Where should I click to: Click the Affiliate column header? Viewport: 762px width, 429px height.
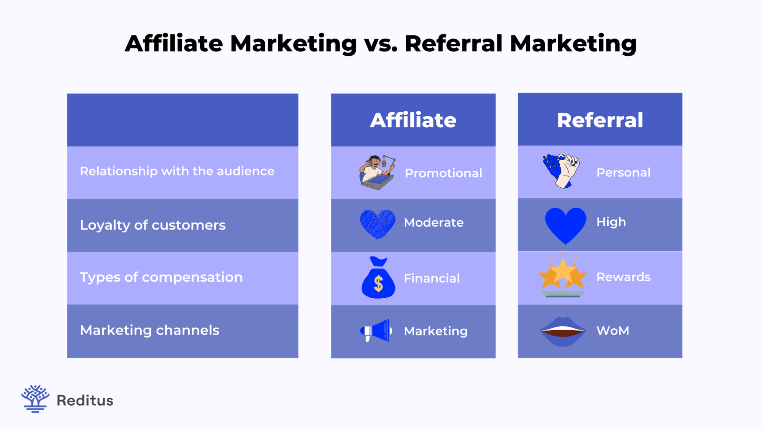pos(413,120)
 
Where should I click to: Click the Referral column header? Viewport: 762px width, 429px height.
pos(600,120)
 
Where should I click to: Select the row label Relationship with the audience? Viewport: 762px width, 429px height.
pos(177,171)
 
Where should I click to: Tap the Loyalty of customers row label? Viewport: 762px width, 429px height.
pos(152,225)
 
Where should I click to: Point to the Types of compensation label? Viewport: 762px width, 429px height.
pos(161,277)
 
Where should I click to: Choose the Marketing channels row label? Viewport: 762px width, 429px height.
pos(149,330)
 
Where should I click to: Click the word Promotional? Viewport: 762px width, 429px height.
pos(443,173)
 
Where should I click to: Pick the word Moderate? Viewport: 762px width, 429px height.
pos(433,222)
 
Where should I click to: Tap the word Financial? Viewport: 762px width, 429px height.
pos(432,278)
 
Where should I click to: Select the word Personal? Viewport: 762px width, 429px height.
pos(623,172)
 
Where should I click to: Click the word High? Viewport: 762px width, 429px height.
pos(611,222)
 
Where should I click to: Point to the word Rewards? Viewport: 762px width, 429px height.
pos(623,277)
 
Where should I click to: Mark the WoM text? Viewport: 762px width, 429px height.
pos(613,331)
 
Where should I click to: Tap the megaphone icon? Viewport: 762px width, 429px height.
pos(376,331)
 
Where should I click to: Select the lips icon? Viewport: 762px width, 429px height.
pos(563,331)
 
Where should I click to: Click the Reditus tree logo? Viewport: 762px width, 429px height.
pos(35,399)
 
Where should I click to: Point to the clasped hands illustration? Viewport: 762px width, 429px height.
pos(561,171)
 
